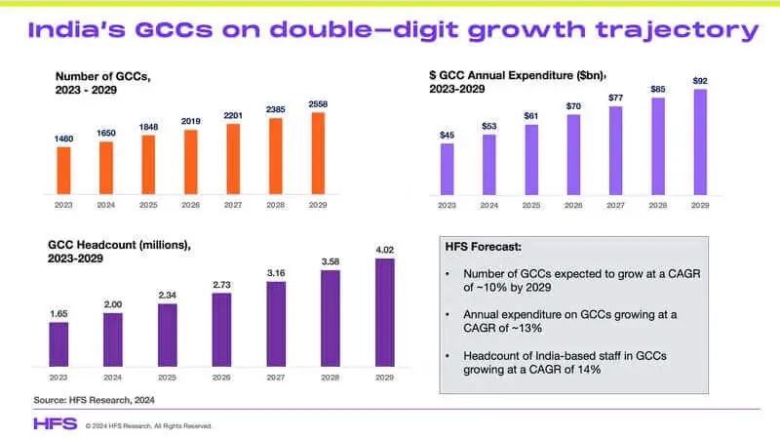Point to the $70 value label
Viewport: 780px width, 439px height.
(572, 105)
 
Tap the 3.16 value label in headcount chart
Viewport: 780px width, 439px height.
(276, 273)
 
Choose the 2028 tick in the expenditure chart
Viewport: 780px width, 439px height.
(656, 206)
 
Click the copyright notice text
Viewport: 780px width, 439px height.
(148, 425)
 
